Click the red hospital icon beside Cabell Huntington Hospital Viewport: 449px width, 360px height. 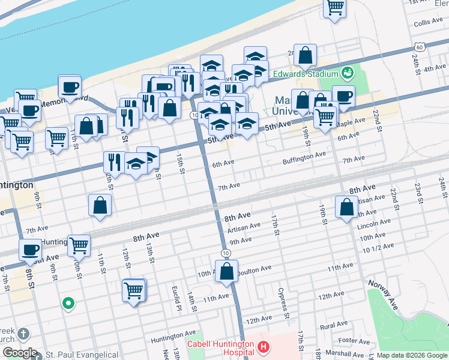coord(262,346)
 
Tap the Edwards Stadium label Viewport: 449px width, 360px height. coord(304,74)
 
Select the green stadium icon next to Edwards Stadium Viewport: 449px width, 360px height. coord(346,74)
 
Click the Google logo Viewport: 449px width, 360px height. coord(19,353)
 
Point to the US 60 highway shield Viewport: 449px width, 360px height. coord(418,47)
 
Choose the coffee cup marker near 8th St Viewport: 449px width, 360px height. coord(29,250)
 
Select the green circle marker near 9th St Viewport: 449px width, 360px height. coord(68,303)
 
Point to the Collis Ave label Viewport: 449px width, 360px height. coord(427,23)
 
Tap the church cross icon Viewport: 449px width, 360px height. coord(23,334)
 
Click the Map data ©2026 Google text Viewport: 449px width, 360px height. coord(412,355)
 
